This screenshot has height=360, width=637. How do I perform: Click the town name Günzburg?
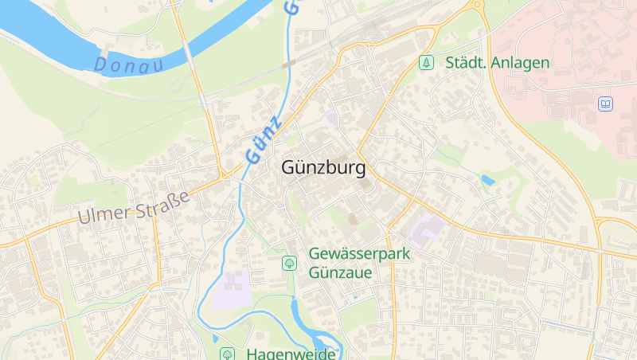[323, 168]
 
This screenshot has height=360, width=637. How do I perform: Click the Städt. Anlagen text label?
[497, 62]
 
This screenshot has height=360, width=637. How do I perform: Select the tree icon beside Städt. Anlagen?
[427, 62]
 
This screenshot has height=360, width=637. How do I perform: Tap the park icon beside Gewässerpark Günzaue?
[289, 263]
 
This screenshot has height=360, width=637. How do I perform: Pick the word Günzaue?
[340, 272]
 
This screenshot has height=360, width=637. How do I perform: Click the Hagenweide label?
[291, 354]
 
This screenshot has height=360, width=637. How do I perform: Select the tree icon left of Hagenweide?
[228, 354]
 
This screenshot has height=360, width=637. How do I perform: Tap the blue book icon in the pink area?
[606, 104]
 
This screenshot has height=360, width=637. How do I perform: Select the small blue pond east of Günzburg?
[487, 181]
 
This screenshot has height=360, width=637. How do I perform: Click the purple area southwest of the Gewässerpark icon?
[231, 288]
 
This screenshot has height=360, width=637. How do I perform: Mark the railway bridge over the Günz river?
[288, 63]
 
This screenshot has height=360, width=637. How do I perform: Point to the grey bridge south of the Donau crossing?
[204, 101]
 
